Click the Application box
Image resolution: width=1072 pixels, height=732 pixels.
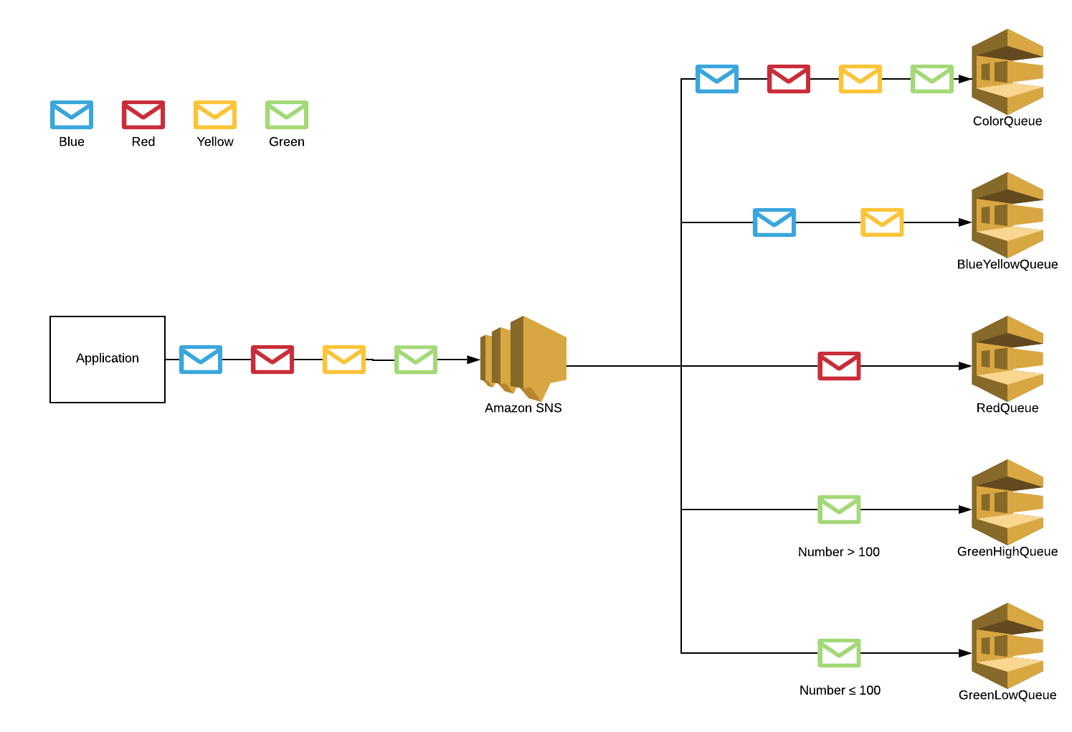[x=108, y=359]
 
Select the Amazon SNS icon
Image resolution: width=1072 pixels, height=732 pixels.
[x=523, y=358]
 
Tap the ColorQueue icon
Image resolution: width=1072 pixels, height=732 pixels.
[x=1007, y=71]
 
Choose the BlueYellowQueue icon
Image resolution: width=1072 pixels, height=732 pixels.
[x=1007, y=215]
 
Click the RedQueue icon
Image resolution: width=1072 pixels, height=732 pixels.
[x=1007, y=358]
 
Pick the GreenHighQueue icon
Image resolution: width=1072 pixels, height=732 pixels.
[x=1007, y=502]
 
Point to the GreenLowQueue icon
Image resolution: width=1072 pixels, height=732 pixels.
[x=1007, y=645]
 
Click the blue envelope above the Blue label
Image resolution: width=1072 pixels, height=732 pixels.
[x=72, y=115]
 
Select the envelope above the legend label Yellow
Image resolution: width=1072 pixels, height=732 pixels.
[x=215, y=115]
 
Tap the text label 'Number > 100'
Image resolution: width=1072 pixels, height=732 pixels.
[x=838, y=552]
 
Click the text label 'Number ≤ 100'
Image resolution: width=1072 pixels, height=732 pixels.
[x=840, y=690]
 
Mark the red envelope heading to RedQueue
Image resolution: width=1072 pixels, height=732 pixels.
[x=839, y=366]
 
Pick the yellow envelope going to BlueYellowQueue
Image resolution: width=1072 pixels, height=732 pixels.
[x=882, y=222]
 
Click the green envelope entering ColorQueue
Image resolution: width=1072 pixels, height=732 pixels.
[x=932, y=79]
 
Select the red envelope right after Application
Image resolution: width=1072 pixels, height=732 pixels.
[x=272, y=360]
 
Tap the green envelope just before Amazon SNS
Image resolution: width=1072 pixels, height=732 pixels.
[x=416, y=360]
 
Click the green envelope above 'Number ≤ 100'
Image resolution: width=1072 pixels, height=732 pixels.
[x=839, y=653]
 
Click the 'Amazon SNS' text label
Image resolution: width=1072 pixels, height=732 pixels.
[x=523, y=408]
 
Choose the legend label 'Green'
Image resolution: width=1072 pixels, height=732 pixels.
[x=287, y=142]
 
